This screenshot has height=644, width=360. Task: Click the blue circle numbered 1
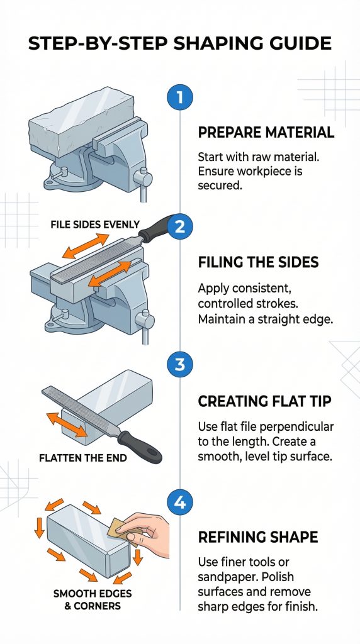pos(179,97)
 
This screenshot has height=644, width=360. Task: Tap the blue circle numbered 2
pos(179,226)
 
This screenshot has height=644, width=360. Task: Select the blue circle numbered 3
pos(179,364)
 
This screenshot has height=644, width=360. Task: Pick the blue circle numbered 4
pos(179,502)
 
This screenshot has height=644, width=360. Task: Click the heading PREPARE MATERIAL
pos(266,133)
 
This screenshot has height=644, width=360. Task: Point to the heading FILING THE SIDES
pos(258,262)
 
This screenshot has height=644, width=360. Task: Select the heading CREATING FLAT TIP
pos(264,401)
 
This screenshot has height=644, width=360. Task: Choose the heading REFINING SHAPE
pos(258,537)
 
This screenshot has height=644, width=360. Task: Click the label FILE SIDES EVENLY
pos(95,225)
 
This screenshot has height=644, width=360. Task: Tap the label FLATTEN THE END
pos(83,458)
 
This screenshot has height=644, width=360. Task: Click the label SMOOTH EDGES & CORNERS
pos(93,599)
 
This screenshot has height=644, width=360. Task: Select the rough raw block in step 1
pos(81,121)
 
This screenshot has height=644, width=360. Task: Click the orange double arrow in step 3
pos(67,425)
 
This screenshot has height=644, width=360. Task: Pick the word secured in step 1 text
pos(218,186)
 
